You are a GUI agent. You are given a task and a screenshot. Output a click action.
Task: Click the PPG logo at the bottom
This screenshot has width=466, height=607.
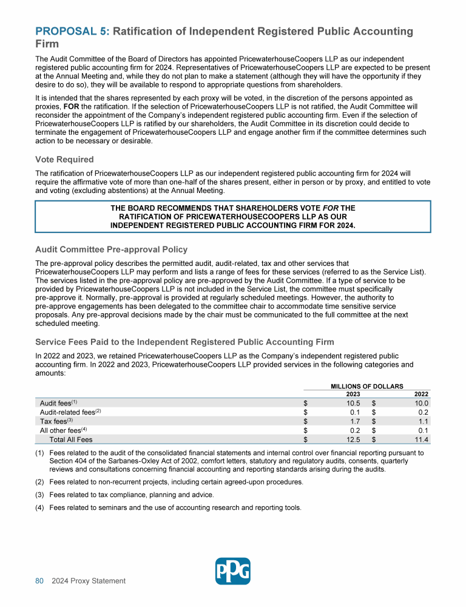click(x=233, y=571)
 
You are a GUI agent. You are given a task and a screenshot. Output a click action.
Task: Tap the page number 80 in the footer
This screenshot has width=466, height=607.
click(x=39, y=581)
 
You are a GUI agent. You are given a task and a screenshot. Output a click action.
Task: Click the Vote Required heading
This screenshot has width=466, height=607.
click(x=64, y=159)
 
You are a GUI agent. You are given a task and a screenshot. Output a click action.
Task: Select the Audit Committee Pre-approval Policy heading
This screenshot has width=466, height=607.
click(x=111, y=249)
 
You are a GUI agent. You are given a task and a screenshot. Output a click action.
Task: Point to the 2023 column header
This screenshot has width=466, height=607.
click(x=353, y=394)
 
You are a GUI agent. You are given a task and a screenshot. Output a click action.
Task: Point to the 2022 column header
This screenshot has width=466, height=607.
click(x=421, y=394)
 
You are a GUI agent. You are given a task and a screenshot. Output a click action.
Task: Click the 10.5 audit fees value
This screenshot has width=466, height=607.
click(x=353, y=403)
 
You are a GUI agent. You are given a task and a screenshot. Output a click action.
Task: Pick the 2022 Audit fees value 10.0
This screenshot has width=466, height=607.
click(x=422, y=403)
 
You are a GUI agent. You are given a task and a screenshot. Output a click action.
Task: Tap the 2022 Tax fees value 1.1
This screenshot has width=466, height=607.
click(x=424, y=421)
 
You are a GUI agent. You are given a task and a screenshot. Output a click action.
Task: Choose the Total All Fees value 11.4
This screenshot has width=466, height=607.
click(x=422, y=439)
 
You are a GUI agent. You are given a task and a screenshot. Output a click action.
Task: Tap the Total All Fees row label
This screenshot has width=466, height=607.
click(x=71, y=439)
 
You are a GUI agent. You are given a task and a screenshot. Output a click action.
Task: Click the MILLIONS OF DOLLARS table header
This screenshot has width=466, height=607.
click(x=367, y=385)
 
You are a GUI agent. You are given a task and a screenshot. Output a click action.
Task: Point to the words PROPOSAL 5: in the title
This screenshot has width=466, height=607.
click(x=72, y=32)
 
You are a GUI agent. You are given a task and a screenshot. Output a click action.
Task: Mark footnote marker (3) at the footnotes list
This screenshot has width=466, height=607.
click(x=40, y=495)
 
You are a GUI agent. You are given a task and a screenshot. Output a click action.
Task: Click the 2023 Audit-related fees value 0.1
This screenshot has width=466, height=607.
click(x=356, y=412)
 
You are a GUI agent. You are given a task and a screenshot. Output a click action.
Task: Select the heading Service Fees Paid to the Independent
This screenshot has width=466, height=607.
click(x=184, y=342)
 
